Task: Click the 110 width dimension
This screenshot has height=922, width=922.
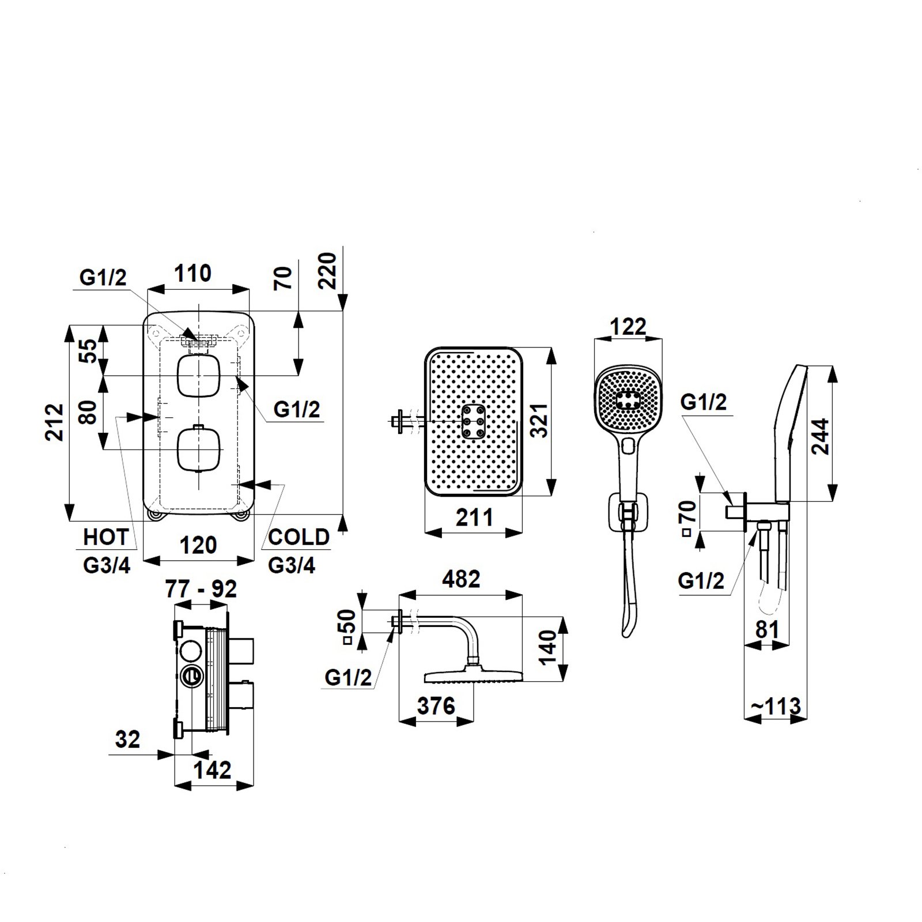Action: click(x=193, y=273)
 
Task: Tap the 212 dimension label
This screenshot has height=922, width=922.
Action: click(x=55, y=422)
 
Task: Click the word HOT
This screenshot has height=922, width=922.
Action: click(x=105, y=537)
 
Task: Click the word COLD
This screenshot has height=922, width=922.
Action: click(x=298, y=537)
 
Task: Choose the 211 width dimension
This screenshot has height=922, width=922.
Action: click(x=474, y=517)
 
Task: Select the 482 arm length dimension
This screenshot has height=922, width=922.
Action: click(x=461, y=579)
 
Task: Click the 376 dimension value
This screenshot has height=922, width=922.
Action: click(x=436, y=706)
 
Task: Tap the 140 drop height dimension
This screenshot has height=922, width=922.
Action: click(x=548, y=648)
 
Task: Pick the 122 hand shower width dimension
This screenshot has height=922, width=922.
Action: click(x=628, y=327)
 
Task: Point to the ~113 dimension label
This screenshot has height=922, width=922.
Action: click(x=776, y=706)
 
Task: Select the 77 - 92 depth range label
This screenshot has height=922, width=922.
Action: click(x=201, y=590)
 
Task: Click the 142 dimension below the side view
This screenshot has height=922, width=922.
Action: click(x=213, y=770)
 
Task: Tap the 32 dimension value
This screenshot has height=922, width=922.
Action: click(x=127, y=739)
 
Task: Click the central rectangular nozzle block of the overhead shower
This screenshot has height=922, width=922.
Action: click(x=473, y=421)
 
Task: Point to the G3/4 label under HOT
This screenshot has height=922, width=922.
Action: click(x=107, y=566)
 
